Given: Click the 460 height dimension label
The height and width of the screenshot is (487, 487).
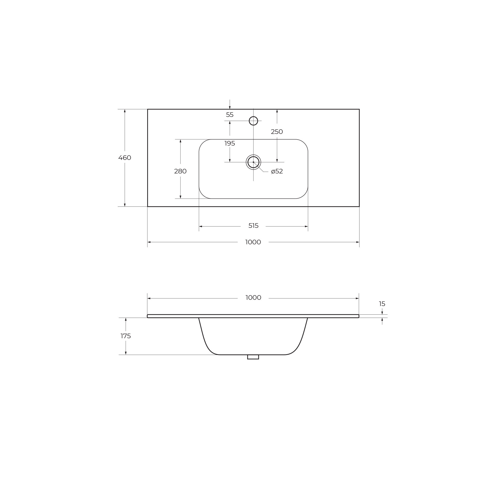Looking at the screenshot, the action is pos(125,158).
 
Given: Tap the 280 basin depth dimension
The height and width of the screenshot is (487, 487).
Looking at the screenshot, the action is pos(180,171).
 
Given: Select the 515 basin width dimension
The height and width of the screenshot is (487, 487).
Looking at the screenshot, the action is pos(254,226).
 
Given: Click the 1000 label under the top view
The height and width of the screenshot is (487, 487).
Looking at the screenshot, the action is pos(253,242).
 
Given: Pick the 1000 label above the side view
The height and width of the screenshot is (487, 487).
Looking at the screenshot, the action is pos(253,298).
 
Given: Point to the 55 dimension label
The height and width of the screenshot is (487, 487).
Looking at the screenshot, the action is pos(230,115).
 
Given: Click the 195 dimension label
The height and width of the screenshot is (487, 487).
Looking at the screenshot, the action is pos(230,143).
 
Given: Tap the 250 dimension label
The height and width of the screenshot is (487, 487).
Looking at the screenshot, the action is pos(277,132).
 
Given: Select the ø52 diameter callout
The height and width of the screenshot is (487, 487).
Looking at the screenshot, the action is pos(277,171).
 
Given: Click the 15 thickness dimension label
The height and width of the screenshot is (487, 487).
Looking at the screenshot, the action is pos(382,304).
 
